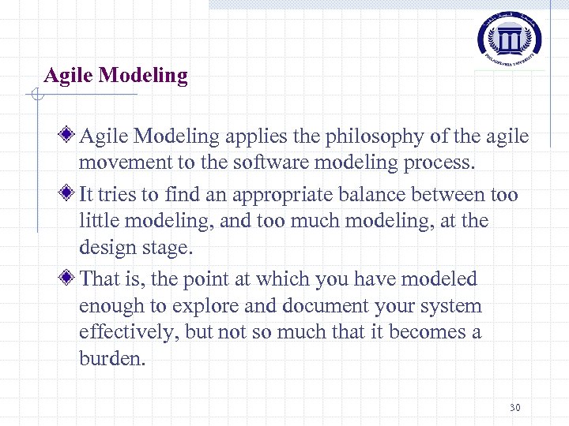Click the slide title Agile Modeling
click(x=116, y=76)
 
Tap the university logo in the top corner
click(x=511, y=39)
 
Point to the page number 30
click(x=515, y=408)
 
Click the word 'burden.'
click(x=112, y=359)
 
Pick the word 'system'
click(x=451, y=306)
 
